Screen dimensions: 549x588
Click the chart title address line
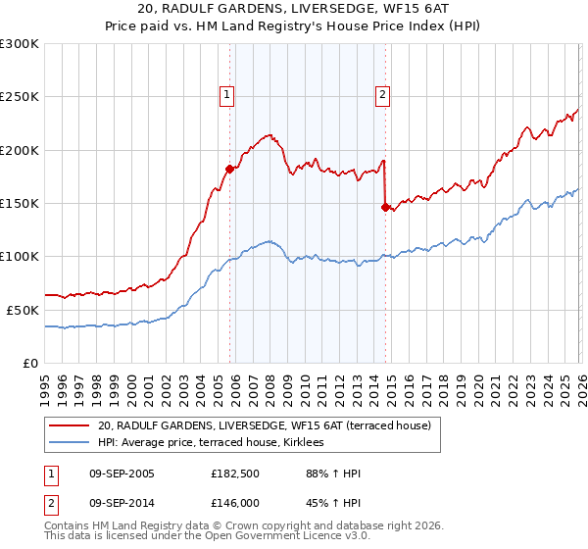(294, 10)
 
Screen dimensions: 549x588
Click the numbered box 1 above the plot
(226, 95)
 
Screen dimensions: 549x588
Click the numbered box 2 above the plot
(381, 95)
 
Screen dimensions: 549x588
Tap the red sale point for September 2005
(229, 169)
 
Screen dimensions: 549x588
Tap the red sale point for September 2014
(385, 207)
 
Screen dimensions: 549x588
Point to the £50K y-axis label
(23, 310)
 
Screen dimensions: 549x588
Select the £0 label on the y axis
(29, 363)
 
